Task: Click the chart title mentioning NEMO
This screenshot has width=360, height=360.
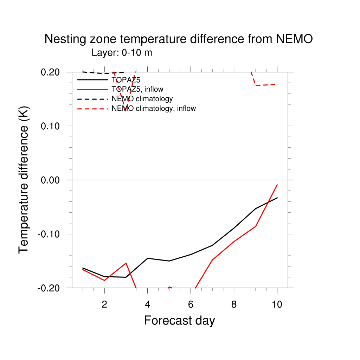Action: click(179, 39)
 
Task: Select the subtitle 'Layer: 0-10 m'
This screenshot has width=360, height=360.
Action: click(122, 53)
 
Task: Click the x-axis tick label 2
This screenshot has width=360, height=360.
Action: click(104, 304)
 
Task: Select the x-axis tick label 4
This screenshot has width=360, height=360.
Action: click(148, 304)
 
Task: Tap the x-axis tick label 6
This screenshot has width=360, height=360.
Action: click(191, 304)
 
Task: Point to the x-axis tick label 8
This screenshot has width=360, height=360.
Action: click(234, 304)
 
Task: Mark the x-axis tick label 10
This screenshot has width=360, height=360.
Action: click(277, 304)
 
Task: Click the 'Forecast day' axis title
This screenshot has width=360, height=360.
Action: click(179, 321)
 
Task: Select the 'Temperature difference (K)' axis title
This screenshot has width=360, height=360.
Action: click(24, 180)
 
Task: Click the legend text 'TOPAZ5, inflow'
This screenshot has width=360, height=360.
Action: click(137, 89)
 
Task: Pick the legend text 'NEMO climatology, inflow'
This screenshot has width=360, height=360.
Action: click(153, 109)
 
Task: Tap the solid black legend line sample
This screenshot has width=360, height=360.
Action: click(92, 80)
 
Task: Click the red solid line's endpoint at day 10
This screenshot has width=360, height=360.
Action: click(277, 185)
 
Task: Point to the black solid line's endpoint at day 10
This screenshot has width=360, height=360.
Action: click(277, 198)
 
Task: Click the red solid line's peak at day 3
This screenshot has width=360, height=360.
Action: click(126, 263)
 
